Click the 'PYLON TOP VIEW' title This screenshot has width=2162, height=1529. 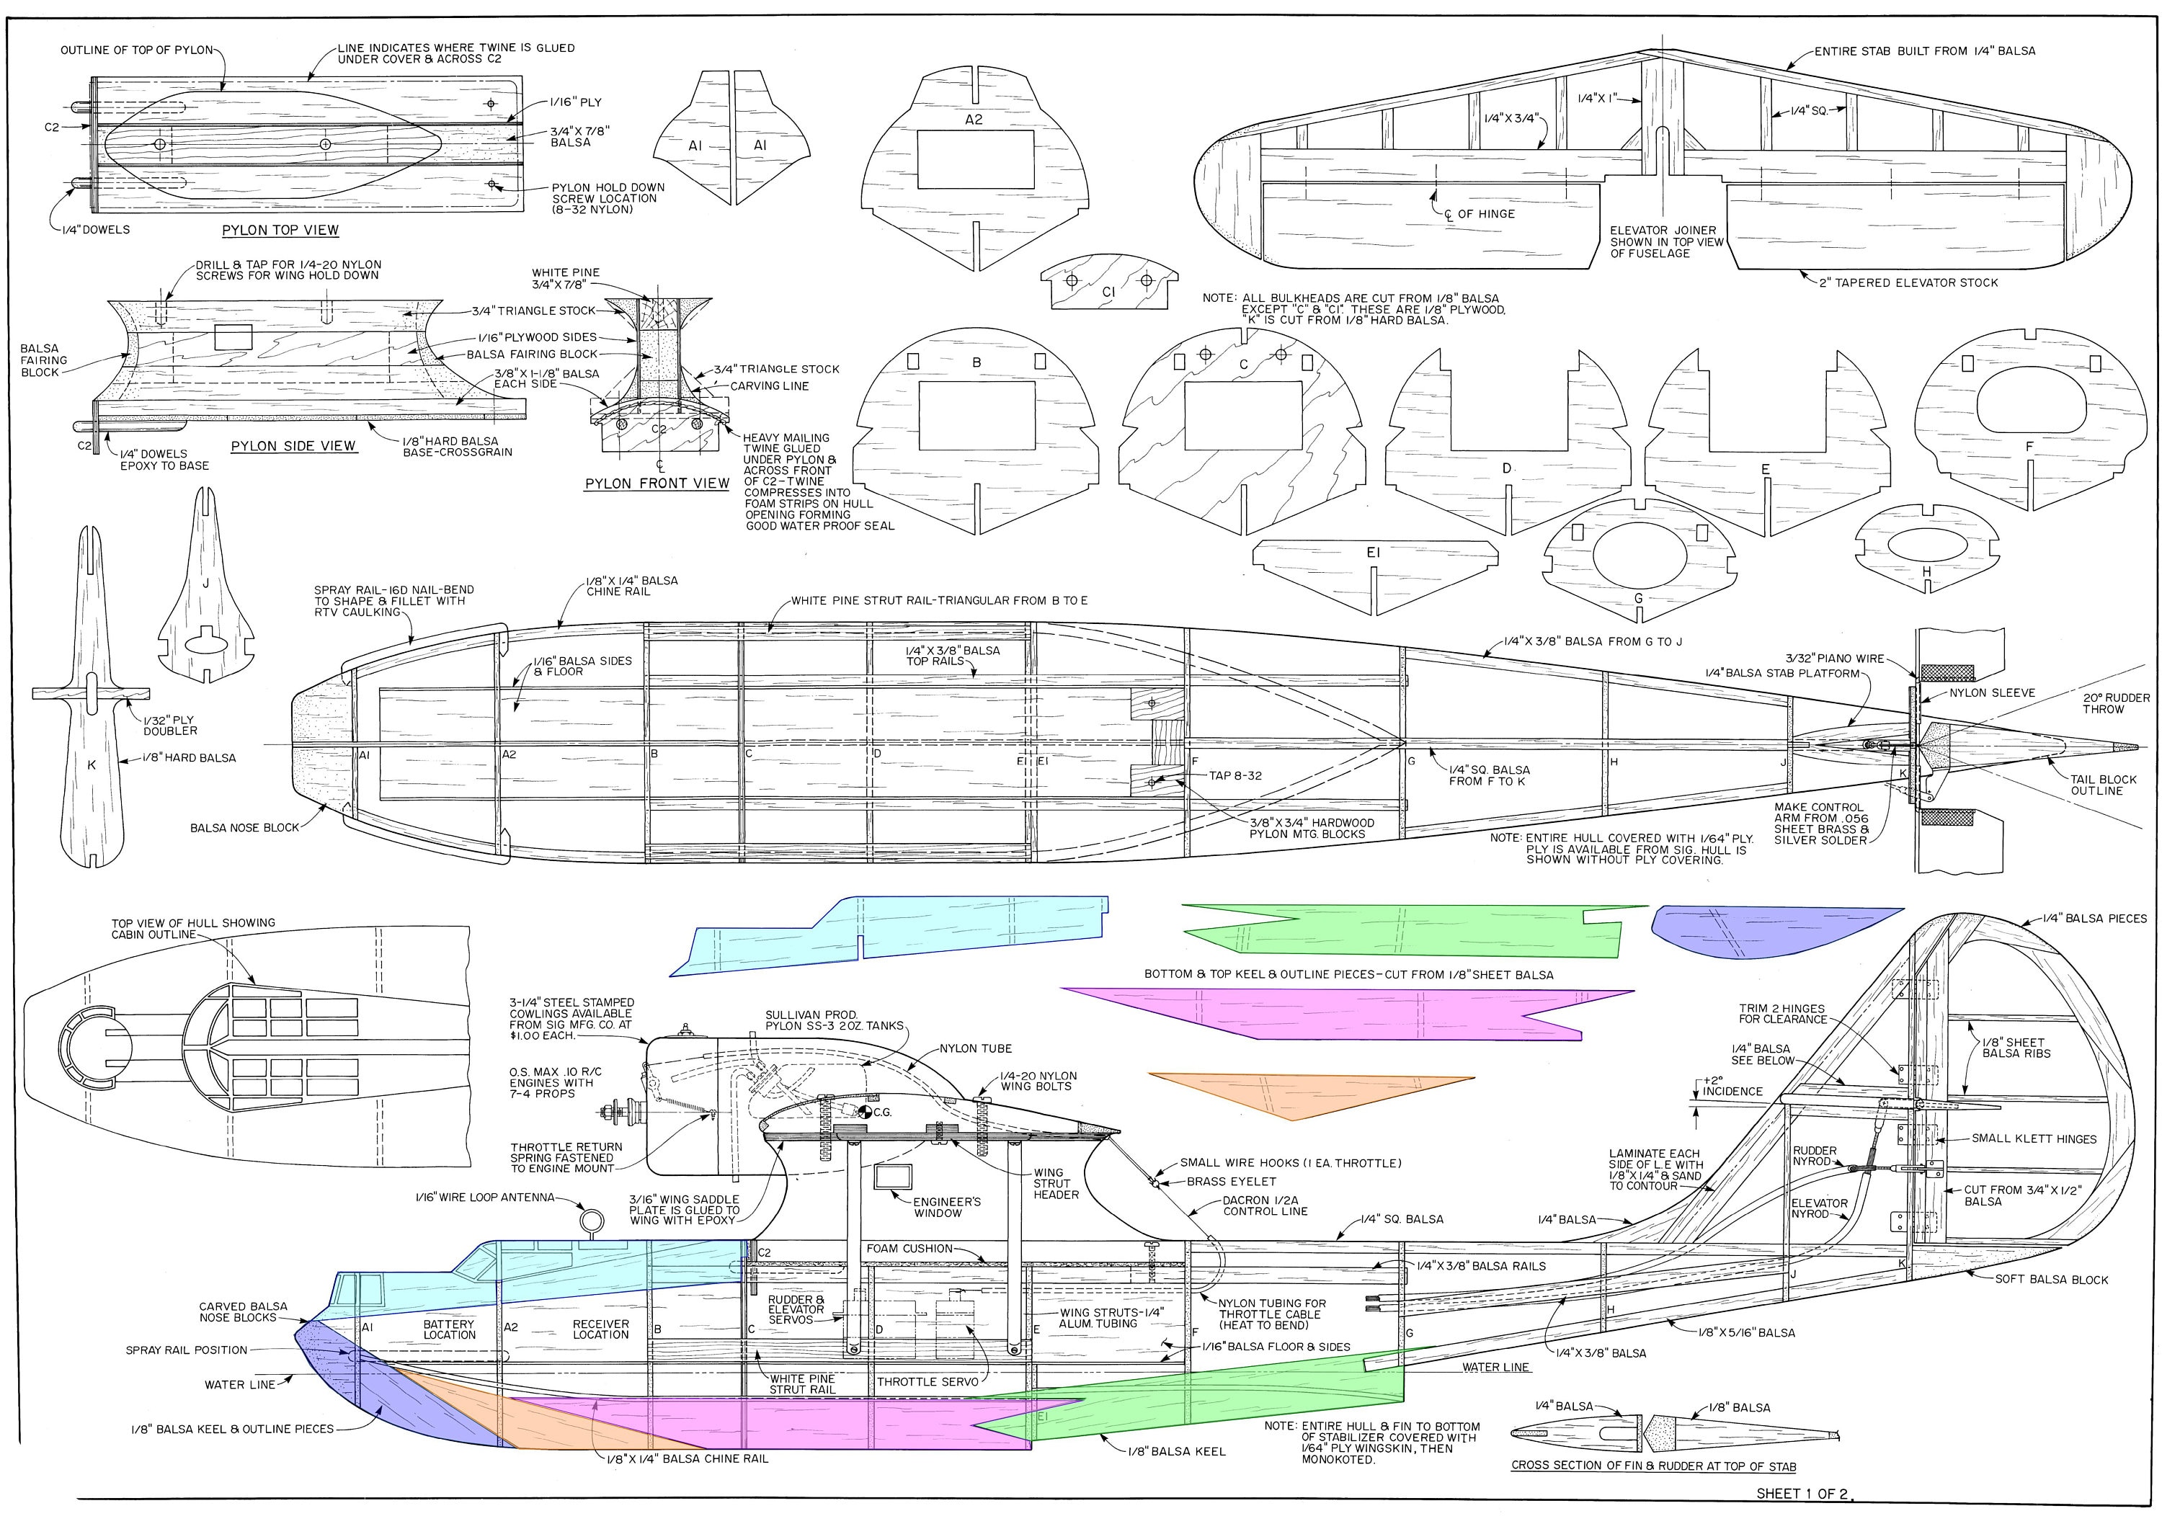pos(280,230)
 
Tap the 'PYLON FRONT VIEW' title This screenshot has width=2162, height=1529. pos(657,483)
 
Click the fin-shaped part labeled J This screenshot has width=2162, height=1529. pos(205,602)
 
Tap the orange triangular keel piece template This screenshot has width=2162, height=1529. pos(1309,1093)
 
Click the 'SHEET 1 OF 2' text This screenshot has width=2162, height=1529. pos(1802,1493)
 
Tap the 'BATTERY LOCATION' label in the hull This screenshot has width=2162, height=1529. pos(449,1329)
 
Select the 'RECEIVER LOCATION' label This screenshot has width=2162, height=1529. pos(601,1329)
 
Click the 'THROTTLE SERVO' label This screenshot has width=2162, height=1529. pos(927,1382)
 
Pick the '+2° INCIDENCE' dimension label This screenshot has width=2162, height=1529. pos(1732,1086)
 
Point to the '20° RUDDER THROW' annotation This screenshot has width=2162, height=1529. pos(2103,703)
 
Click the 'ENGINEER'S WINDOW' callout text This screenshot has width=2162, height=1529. pos(946,1207)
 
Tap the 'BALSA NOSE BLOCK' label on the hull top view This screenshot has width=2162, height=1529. pos(244,828)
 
